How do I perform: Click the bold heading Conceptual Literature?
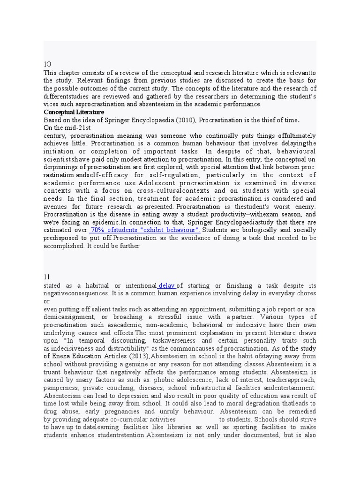74,112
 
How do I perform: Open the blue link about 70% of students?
145,230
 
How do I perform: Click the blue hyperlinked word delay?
167,285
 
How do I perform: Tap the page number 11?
47,277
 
